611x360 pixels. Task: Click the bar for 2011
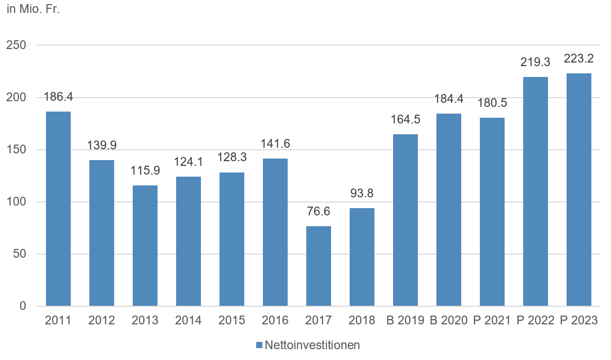tap(58, 209)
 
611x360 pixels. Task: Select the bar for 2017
tap(319, 266)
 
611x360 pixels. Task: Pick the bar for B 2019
tap(405, 220)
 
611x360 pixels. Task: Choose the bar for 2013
tap(145, 245)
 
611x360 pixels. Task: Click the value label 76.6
tap(319, 212)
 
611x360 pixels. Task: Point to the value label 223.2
tap(579, 59)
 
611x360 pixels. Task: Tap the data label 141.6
tap(275, 144)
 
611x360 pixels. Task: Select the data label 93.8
tap(362, 194)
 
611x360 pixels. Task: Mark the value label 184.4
tap(449, 99)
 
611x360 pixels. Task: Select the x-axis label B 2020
tap(449, 320)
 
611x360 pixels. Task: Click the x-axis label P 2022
tap(536, 320)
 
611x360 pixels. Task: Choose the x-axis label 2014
tap(189, 320)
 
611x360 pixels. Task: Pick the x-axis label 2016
tap(275, 320)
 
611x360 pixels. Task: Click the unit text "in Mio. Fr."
tap(34, 10)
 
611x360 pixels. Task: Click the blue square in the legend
tap(259, 345)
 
